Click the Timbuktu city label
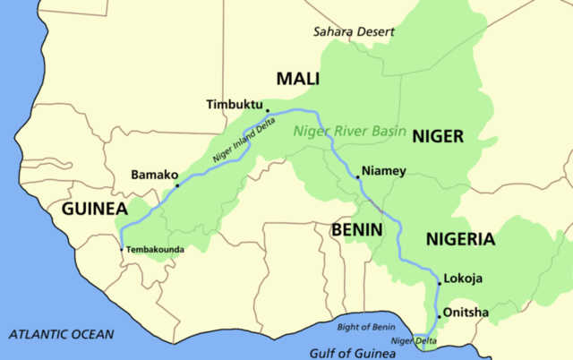pyautogui.click(x=235, y=103)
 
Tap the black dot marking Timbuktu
pyautogui.click(x=268, y=112)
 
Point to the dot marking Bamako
pyautogui.click(x=177, y=186)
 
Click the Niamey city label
pyautogui.click(x=384, y=170)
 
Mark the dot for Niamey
pyautogui.click(x=358, y=177)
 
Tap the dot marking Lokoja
pyautogui.click(x=440, y=283)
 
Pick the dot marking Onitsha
pyautogui.click(x=439, y=316)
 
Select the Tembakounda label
pyautogui.click(x=154, y=248)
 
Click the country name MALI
pyautogui.click(x=298, y=79)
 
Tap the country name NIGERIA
pyautogui.click(x=459, y=239)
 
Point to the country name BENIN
pyautogui.click(x=357, y=229)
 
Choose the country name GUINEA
pyautogui.click(x=94, y=209)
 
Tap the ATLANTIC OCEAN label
pyautogui.click(x=62, y=334)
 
